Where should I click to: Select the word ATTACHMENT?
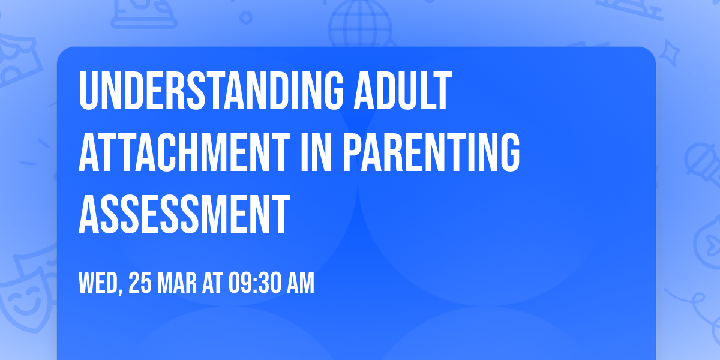183,154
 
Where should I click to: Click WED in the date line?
98,284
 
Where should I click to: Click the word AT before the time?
212,284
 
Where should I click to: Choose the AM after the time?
300,284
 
